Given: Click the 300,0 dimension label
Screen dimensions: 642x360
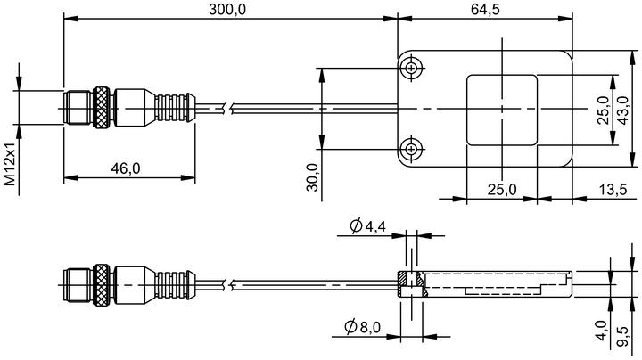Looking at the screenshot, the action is pyautogui.click(x=227, y=10).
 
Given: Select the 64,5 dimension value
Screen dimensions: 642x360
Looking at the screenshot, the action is pyautogui.click(x=485, y=10).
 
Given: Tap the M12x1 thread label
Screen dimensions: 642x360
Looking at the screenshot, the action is pyautogui.click(x=10, y=164).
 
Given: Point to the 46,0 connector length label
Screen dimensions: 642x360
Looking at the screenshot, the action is pyautogui.click(x=126, y=168).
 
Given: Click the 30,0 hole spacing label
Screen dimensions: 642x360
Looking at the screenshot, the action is pyautogui.click(x=312, y=177).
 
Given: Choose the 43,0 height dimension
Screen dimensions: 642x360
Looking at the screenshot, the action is pyautogui.click(x=622, y=110).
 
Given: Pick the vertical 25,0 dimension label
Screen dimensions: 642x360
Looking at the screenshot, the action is pyautogui.click(x=603, y=110).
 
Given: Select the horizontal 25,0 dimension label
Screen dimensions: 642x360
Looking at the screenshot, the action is pyautogui.click(x=502, y=190).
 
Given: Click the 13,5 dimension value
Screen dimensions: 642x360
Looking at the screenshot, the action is pyautogui.click(x=613, y=190).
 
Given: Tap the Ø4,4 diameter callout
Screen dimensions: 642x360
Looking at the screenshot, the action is pyautogui.click(x=367, y=225).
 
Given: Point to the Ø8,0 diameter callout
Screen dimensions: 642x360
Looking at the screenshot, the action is pyautogui.click(x=362, y=327).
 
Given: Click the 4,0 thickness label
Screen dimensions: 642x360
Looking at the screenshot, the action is pyautogui.click(x=602, y=330).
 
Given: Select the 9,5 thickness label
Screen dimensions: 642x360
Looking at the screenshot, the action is pyautogui.click(x=622, y=336).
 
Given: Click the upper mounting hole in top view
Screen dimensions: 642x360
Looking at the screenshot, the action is pyautogui.click(x=411, y=68).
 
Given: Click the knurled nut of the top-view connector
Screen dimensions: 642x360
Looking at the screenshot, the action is pyautogui.click(x=101, y=108).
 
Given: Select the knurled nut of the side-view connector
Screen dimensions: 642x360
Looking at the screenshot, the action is pyautogui.click(x=101, y=285).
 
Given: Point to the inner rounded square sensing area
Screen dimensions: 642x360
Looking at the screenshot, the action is pyautogui.click(x=502, y=110).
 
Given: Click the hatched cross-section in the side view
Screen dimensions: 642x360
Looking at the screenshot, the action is pyautogui.click(x=412, y=284).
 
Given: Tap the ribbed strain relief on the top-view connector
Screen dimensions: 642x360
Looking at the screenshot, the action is pyautogui.click(x=175, y=108).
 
